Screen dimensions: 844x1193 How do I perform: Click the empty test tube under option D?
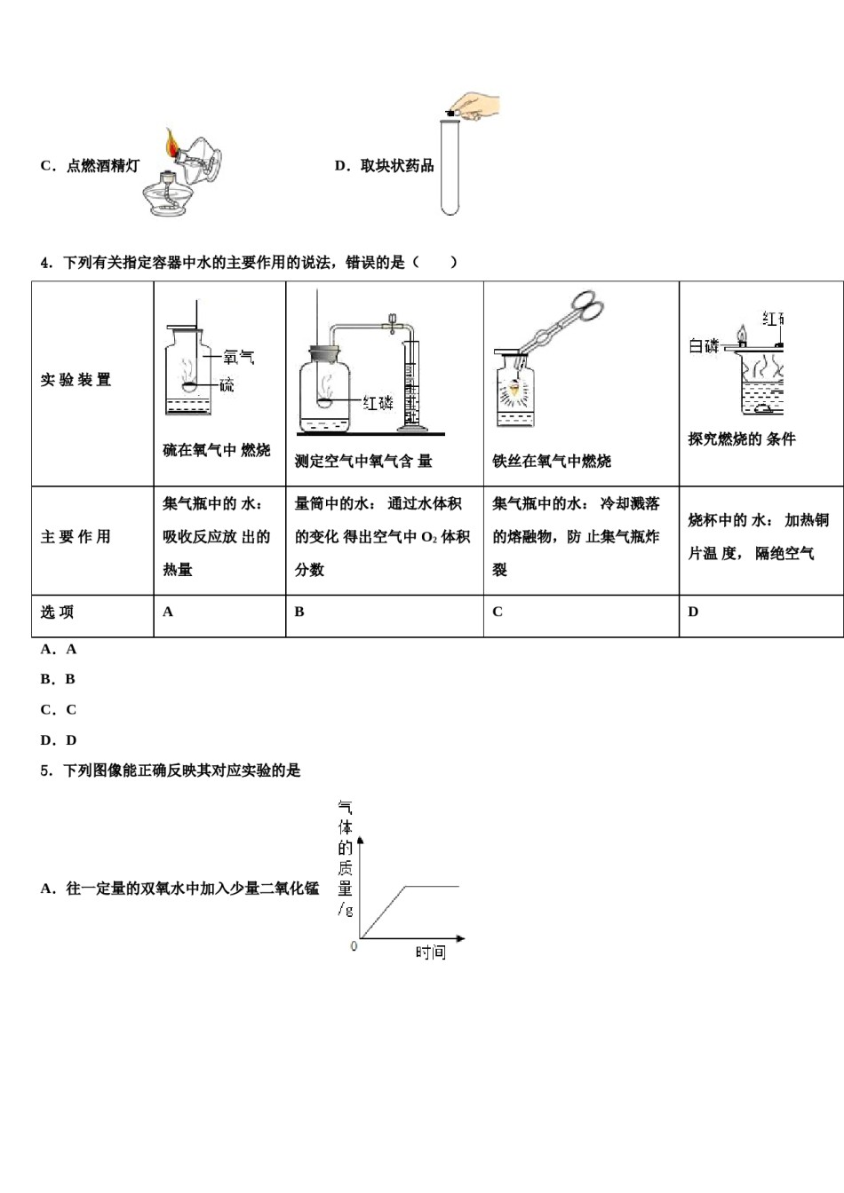[450, 167]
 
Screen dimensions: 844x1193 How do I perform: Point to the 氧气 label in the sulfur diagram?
[239, 356]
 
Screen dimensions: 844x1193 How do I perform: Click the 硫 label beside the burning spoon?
[227, 384]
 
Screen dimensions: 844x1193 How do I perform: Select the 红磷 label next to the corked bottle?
[378, 403]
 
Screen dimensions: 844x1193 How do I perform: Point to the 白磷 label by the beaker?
[704, 346]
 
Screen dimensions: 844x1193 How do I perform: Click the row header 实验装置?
[76, 380]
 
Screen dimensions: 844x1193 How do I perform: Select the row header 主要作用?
[76, 536]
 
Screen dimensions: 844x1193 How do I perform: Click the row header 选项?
[57, 612]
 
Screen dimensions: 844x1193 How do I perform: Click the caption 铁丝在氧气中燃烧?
[552, 462]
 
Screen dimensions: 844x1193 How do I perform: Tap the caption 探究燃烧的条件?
[742, 439]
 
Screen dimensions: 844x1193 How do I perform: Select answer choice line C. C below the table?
[59, 709]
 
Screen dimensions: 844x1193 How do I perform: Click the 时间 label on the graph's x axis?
[430, 952]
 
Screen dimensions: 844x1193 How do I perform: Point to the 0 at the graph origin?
[354, 946]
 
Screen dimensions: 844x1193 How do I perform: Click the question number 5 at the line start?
[44, 770]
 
